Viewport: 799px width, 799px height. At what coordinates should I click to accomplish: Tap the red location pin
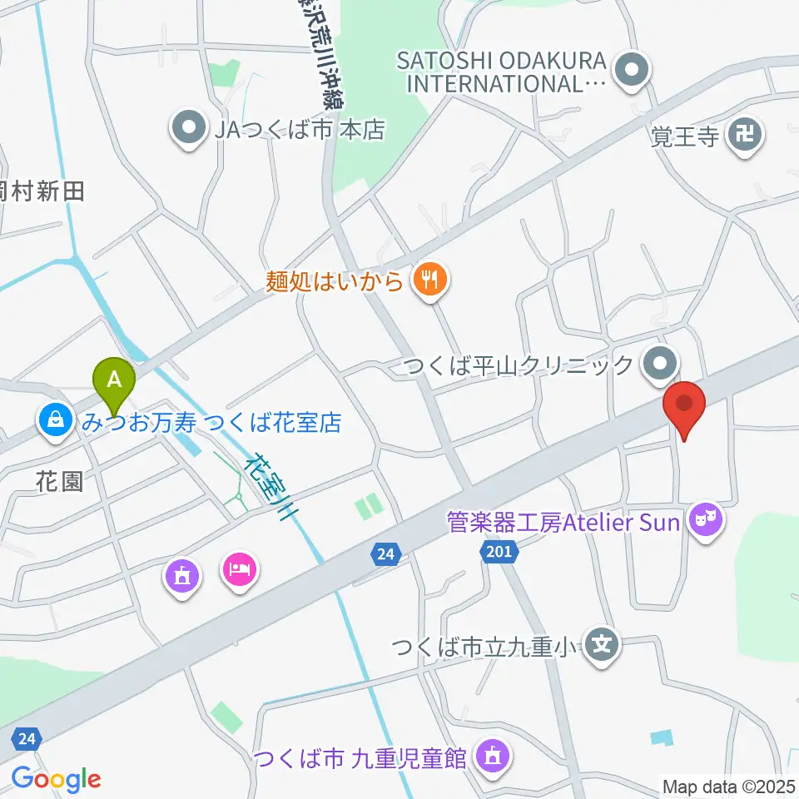(684, 405)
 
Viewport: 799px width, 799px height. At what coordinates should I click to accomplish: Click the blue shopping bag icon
(56, 421)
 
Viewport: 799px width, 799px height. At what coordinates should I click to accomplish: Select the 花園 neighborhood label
(60, 481)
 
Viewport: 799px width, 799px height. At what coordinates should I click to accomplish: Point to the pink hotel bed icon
(240, 571)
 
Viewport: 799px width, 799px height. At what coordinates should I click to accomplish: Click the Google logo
(56, 779)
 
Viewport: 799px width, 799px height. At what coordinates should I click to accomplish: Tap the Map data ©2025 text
(728, 786)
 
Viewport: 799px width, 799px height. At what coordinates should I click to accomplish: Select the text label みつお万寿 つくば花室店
(211, 423)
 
